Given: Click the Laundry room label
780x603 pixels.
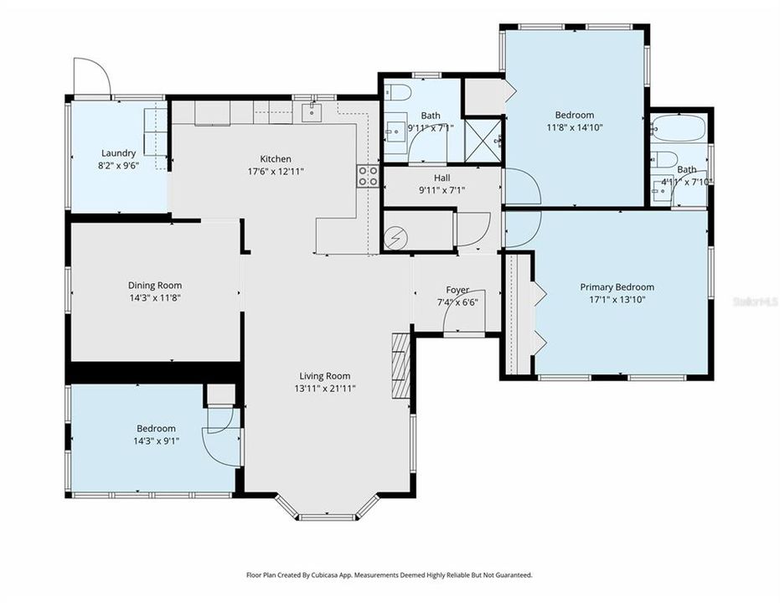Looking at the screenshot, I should (118, 153).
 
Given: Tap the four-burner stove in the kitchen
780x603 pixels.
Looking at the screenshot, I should (367, 176).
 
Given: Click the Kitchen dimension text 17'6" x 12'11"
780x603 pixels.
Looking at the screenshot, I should (276, 171).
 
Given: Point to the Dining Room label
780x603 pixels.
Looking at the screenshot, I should (154, 286).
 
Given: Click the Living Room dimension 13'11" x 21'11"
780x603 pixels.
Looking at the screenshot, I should (325, 388).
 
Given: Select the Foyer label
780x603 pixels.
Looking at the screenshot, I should (457, 290).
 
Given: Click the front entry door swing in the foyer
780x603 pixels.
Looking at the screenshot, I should (460, 317).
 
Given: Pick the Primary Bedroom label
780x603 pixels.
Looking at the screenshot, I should (617, 287).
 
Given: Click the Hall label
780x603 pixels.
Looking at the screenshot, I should (442, 178).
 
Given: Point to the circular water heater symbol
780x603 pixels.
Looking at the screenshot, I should (395, 237).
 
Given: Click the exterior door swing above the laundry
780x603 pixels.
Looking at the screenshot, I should (91, 79).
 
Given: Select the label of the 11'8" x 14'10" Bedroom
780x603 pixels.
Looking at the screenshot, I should (574, 116).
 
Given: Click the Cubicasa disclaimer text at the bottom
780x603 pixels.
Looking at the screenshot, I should (389, 575).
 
